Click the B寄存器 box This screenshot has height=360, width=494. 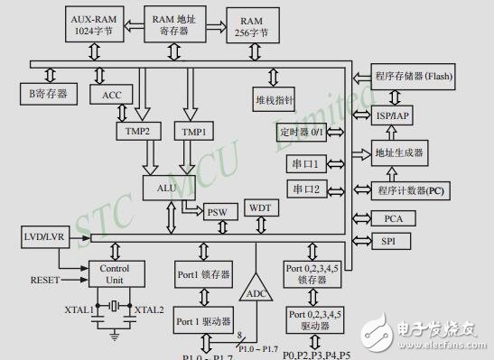point(50,93)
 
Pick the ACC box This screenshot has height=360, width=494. point(112,95)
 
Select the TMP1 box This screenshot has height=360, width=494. point(194,132)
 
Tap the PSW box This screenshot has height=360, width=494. point(217,210)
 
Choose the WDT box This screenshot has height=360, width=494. point(260,208)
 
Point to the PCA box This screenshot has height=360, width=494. point(394,218)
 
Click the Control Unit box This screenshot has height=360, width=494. point(114,274)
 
